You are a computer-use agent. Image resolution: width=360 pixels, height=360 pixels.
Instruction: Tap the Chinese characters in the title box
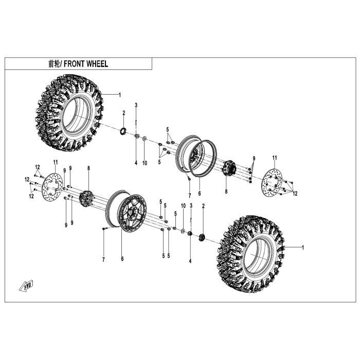(x=54, y=64)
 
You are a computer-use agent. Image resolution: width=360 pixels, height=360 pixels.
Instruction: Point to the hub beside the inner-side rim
(x=227, y=169)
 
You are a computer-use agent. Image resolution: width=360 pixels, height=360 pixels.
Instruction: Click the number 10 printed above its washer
(x=183, y=205)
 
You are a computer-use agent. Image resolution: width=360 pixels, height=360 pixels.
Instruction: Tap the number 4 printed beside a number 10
(x=136, y=163)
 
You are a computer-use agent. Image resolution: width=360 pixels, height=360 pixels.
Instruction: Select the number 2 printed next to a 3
(x=203, y=206)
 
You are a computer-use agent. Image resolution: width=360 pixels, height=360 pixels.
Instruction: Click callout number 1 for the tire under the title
(x=119, y=95)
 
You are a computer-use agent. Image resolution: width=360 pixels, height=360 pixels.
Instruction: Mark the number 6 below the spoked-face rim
(x=122, y=258)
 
